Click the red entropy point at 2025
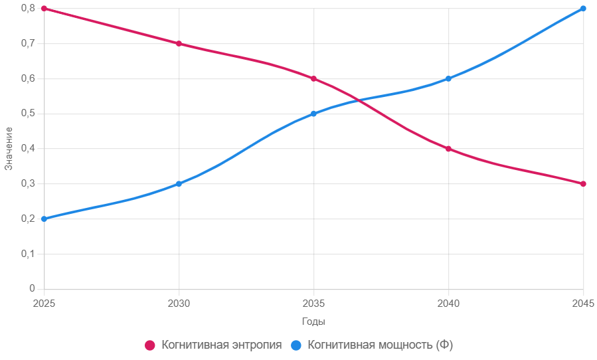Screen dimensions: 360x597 coord(44,9)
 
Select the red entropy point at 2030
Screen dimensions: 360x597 coord(179,44)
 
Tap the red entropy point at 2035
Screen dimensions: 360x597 coord(313,78)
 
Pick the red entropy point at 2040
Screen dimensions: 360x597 coord(448,149)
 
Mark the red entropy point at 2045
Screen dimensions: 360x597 coord(583,184)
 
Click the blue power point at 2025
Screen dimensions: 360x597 coord(44,219)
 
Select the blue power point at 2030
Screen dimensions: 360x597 coord(179,184)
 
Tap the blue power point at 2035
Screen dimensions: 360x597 coord(313,114)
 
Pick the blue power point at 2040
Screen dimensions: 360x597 coord(448,78)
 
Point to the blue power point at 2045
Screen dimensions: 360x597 coord(583,9)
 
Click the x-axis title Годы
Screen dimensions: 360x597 coord(313,321)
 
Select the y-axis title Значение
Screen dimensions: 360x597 coord(9,149)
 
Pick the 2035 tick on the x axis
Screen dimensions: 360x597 coord(313,303)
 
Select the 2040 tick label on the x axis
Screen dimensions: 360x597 coord(448,303)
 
